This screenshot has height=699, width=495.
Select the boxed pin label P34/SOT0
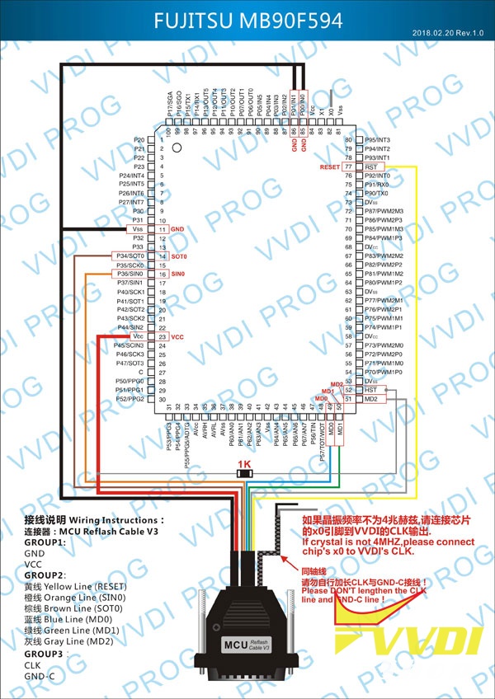tap(130, 256)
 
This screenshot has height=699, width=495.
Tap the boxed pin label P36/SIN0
tap(130, 274)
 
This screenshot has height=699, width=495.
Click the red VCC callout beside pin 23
tap(177, 337)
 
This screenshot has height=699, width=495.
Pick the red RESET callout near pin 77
tap(330, 167)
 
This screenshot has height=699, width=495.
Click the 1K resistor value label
tap(243, 465)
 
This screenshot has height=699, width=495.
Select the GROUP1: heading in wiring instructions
tap(45, 543)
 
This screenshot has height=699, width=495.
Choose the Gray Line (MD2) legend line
tap(71, 640)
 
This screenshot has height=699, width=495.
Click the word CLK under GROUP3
tap(33, 664)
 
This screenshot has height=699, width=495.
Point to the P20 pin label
tap(138, 140)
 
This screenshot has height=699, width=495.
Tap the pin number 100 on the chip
tap(168, 132)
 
